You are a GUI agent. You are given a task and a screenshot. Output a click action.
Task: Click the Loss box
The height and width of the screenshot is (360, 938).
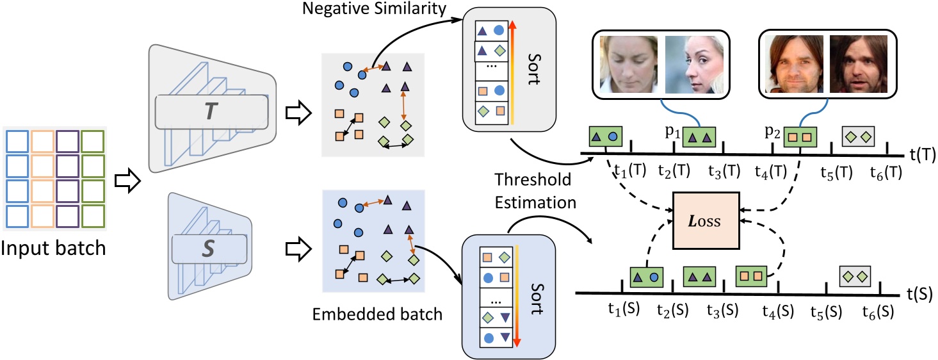click(706, 221)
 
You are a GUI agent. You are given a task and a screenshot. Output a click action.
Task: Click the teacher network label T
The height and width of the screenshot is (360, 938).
click(211, 111)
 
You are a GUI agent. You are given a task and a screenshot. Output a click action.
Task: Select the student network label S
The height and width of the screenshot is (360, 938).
click(208, 249)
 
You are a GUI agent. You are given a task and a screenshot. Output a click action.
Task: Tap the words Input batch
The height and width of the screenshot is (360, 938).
click(53, 248)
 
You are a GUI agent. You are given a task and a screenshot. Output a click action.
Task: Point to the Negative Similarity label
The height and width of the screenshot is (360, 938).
click(375, 8)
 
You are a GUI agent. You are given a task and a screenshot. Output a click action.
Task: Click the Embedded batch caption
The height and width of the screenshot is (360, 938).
click(377, 315)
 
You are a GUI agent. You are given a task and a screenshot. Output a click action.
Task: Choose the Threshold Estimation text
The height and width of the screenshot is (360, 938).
click(535, 191)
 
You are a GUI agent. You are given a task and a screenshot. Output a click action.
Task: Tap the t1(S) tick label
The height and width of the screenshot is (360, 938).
click(624, 309)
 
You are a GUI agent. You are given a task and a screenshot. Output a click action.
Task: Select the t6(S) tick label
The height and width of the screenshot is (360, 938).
click(878, 312)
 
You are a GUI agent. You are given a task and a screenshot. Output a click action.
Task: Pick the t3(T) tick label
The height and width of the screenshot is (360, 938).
click(724, 172)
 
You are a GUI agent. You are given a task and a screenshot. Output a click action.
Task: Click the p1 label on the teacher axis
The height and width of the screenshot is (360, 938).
click(672, 133)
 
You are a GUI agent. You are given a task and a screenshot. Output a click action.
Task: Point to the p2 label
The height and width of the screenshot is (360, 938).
click(772, 133)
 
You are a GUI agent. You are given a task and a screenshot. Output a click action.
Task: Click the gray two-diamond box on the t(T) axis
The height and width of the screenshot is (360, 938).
click(859, 136)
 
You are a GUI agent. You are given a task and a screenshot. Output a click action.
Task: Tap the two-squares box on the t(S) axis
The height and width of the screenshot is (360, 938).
click(751, 277)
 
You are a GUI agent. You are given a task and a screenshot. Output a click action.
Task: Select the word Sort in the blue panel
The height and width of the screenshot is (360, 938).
click(537, 299)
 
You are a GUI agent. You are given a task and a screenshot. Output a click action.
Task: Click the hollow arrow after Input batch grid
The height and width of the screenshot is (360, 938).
click(127, 181)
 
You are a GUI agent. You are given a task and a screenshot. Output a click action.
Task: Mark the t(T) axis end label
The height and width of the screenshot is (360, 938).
click(923, 154)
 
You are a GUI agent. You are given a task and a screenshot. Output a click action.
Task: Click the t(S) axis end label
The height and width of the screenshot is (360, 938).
click(919, 294)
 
